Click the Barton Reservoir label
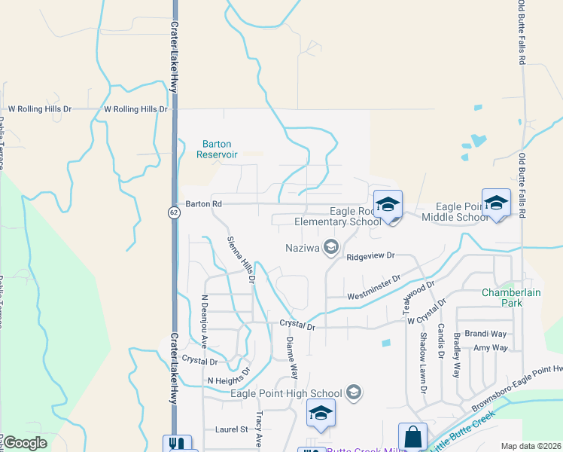coord(217,149)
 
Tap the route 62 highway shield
coord(174,213)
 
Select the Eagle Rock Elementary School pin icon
coord(388,205)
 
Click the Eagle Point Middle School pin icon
coord(496,203)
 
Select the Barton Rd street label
coord(204,204)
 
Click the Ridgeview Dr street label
coord(370,256)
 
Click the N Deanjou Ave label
coord(203,319)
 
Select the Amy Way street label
coord(490,348)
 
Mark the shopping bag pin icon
coord(412,436)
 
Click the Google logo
coord(26,443)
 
